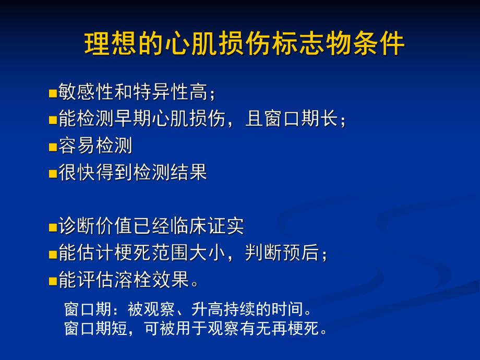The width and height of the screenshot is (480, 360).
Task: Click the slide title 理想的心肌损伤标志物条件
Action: tap(244, 44)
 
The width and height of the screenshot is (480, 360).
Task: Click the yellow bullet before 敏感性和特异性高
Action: tap(52, 94)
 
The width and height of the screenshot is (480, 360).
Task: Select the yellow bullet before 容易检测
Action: tap(52, 147)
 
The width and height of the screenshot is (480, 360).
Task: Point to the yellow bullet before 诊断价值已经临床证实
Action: tap(52, 228)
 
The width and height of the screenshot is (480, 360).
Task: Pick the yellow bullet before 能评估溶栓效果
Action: tap(52, 282)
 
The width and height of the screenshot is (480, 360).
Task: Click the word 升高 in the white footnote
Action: tap(208, 310)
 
